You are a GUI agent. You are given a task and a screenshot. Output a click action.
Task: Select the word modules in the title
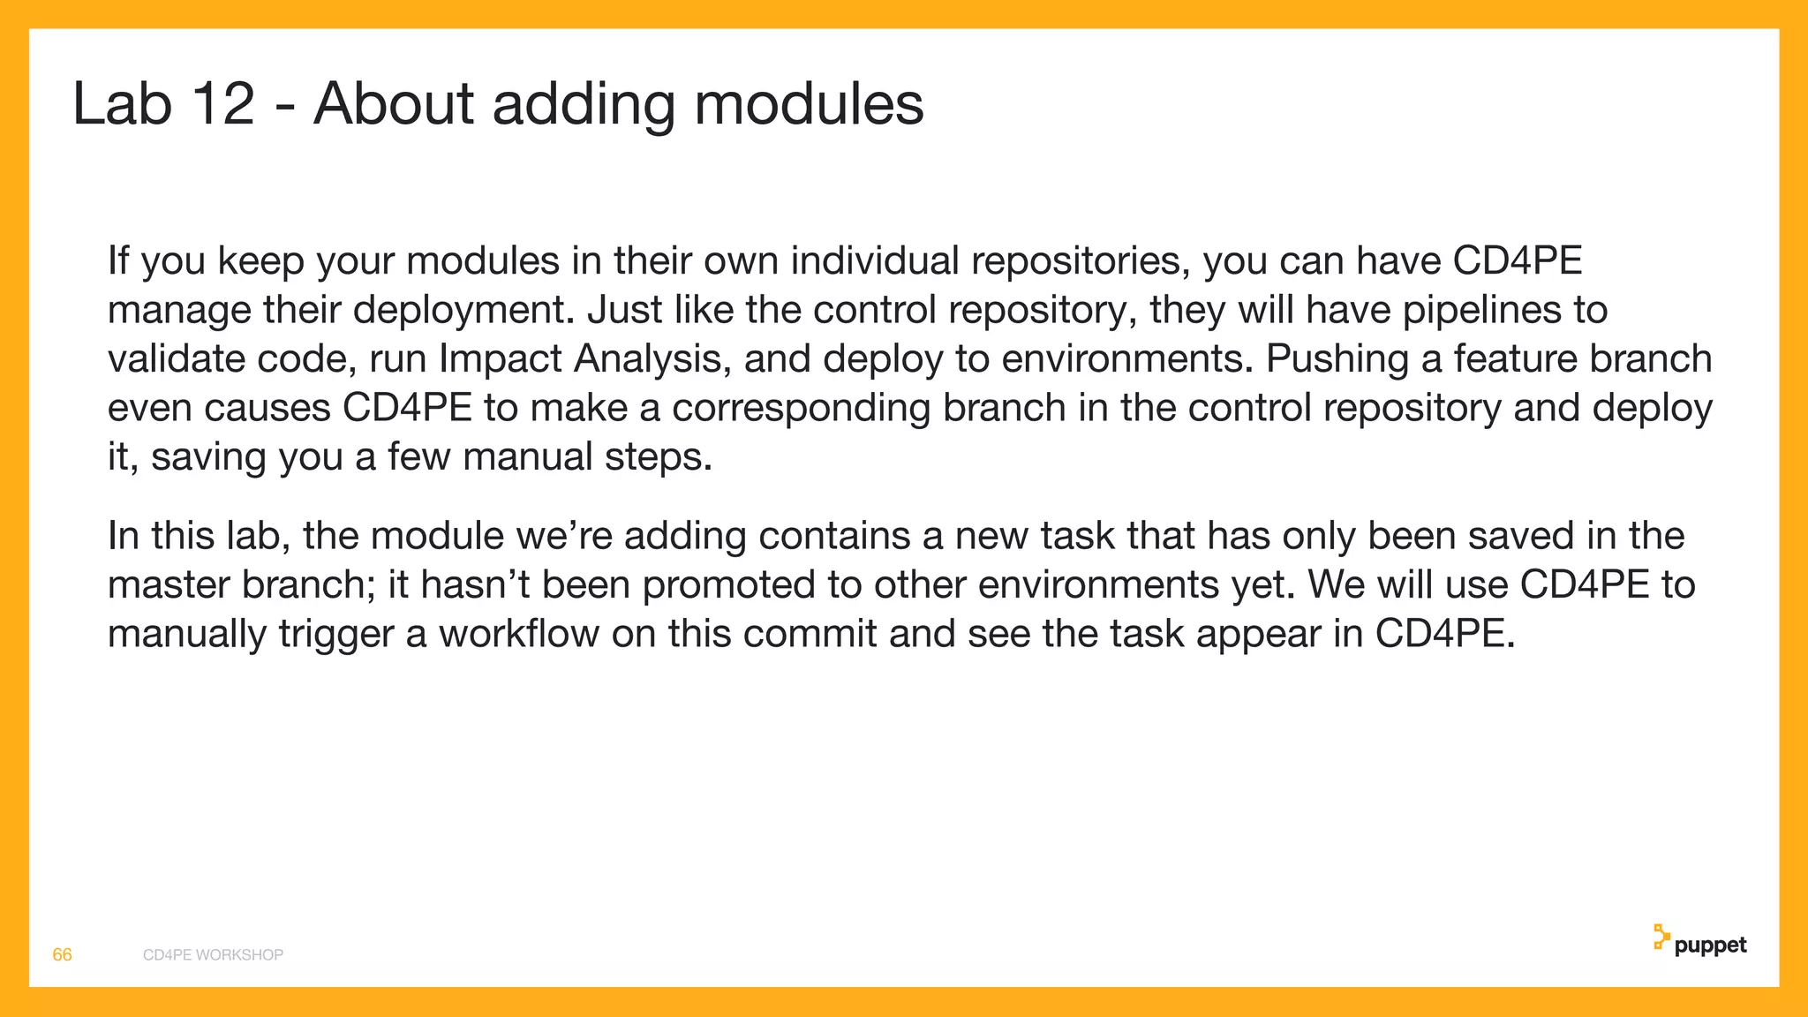[809, 104]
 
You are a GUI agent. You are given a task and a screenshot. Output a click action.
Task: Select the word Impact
[500, 359]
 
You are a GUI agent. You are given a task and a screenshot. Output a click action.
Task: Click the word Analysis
[652, 359]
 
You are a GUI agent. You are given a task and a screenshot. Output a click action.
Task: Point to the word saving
[208, 457]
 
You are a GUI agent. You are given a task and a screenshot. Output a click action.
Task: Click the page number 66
[62, 954]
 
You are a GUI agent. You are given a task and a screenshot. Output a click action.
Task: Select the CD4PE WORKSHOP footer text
[213, 954]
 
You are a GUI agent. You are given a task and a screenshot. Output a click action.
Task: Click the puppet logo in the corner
[1699, 943]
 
